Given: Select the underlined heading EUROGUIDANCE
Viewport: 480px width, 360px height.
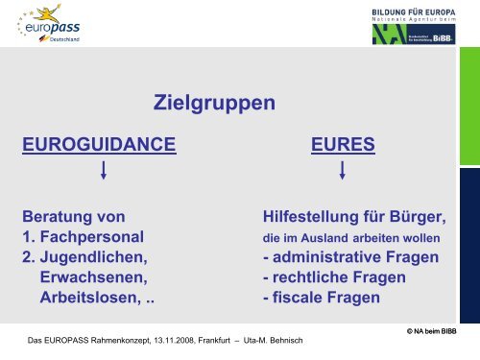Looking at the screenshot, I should pyautogui.click(x=100, y=145).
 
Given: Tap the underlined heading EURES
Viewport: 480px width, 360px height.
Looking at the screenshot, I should pyautogui.click(x=343, y=145).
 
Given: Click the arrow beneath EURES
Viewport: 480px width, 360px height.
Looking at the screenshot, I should pyautogui.click(x=343, y=173).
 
